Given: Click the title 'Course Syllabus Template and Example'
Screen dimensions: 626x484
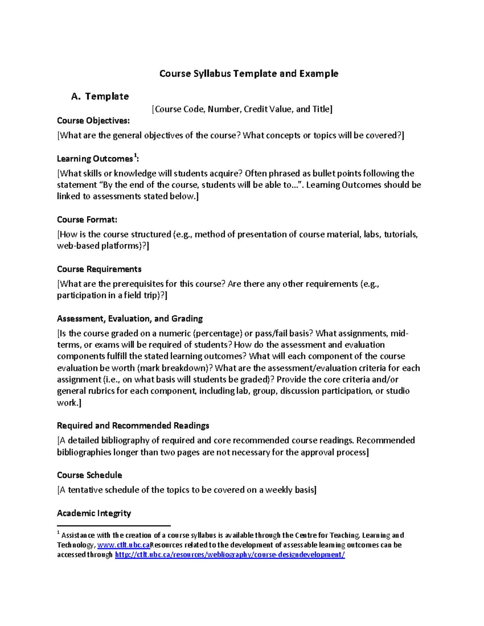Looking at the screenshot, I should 248,73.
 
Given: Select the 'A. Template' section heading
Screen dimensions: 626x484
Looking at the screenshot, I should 100,96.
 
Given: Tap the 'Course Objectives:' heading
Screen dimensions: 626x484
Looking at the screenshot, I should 93,121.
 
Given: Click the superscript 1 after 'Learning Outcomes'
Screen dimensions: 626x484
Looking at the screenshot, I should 135,156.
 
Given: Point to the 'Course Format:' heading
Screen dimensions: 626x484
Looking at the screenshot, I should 87,220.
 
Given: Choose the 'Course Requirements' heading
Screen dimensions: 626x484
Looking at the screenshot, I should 99,269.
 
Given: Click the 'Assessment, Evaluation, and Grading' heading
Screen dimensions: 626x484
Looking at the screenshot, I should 130,319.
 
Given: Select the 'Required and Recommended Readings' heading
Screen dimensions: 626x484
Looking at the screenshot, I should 133,426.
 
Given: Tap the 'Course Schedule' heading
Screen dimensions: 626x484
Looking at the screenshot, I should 90,475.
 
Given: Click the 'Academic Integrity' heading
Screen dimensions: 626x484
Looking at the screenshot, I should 94,513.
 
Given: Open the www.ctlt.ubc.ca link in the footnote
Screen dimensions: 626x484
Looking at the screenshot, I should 123,545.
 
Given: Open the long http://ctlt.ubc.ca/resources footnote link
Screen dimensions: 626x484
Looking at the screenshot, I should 230,555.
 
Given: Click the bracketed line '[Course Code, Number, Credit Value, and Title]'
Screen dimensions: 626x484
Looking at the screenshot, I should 242,109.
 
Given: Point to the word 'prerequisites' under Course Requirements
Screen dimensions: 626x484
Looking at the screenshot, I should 138,284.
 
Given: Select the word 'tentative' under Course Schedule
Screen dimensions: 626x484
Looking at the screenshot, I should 85,490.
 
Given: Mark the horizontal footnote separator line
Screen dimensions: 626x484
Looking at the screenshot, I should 114,526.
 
